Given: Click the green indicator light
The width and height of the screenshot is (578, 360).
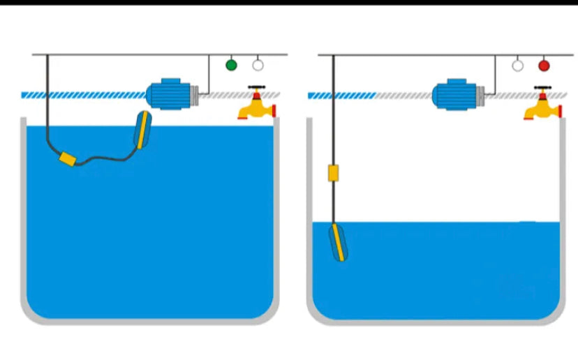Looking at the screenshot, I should [x=231, y=65].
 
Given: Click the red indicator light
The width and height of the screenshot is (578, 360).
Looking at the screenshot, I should [x=544, y=66].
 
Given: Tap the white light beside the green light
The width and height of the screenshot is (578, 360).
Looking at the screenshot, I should [x=258, y=65].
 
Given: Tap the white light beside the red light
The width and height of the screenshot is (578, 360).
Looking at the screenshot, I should [x=517, y=66].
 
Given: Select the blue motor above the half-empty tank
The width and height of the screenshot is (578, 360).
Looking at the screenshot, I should [x=454, y=95].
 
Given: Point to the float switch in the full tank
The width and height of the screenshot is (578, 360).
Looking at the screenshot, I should [x=142, y=130].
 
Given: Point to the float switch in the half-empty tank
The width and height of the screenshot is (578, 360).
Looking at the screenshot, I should [x=338, y=241].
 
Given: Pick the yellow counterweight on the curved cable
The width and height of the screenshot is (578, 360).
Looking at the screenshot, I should [x=68, y=159].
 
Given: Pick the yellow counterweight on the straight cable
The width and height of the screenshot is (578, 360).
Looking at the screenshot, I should [x=333, y=172].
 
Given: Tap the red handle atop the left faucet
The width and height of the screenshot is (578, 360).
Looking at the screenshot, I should [x=258, y=89].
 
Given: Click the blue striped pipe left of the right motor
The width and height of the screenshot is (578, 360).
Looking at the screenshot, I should [x=341, y=95].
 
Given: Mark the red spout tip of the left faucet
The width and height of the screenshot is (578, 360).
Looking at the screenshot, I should [x=274, y=110].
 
